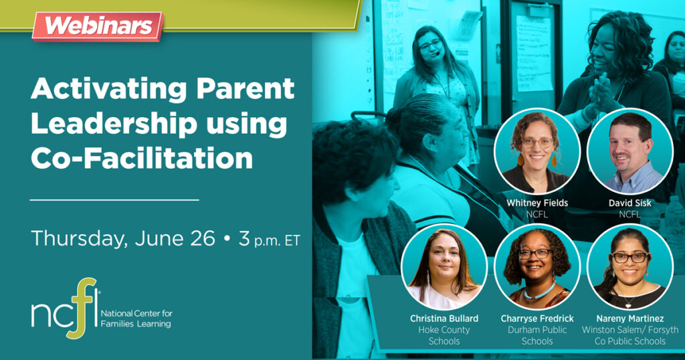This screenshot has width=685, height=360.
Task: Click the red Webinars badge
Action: tap(98, 26)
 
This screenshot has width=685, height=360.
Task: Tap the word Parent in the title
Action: tap(245, 90)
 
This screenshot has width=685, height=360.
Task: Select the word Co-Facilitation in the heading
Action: tap(142, 158)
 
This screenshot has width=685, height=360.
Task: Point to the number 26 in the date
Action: tap(203, 238)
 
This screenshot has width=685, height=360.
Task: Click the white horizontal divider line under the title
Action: tap(114, 199)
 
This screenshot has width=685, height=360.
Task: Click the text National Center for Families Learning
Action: tap(136, 319)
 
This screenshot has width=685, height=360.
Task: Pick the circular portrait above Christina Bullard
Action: tap(444, 267)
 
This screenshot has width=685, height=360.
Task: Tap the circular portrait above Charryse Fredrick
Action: tap(537, 267)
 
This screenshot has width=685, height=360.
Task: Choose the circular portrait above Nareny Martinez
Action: tap(630, 267)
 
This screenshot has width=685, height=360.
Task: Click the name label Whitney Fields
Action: tap(537, 203)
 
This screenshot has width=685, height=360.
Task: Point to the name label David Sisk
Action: tap(630, 203)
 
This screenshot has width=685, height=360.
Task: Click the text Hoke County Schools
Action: tap(444, 335)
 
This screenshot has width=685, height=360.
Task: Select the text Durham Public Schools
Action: tap(537, 335)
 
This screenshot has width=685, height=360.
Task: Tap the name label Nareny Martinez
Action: tap(630, 319)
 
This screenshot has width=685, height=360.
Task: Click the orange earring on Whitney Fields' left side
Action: tap(520, 159)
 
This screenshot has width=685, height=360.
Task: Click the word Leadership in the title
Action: tap(114, 124)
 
